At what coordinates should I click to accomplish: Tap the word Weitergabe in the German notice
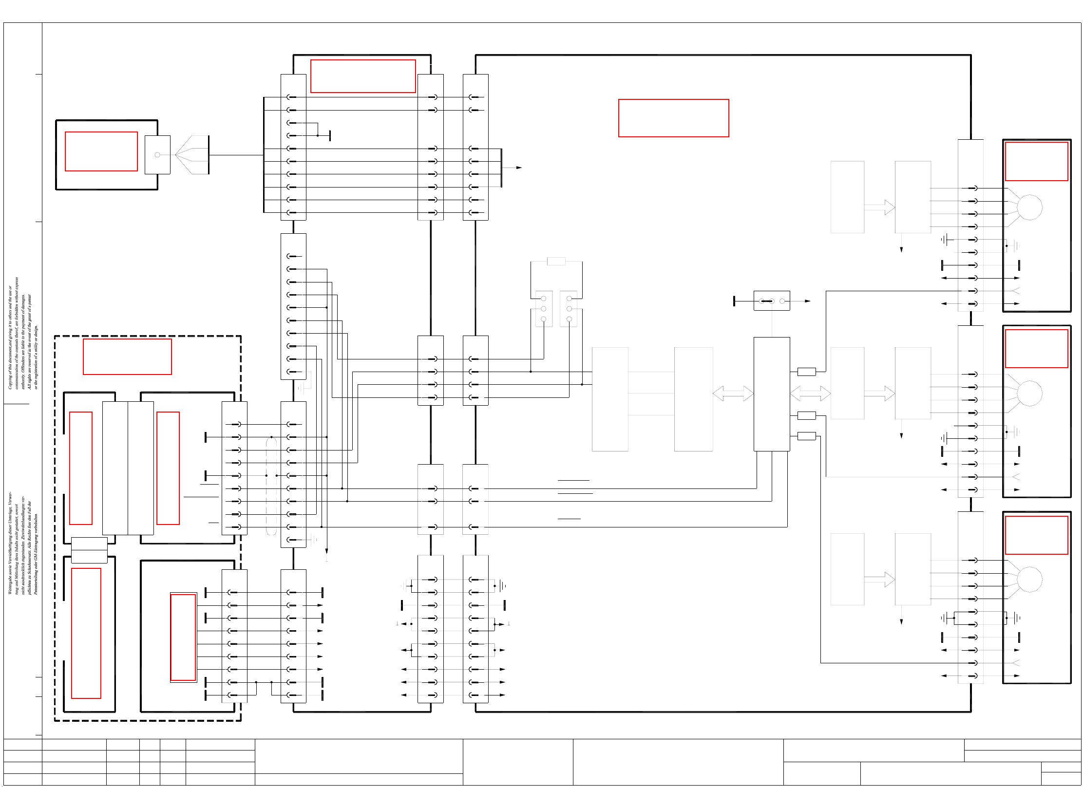tap(10, 582)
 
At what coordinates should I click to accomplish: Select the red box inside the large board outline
tap(673, 118)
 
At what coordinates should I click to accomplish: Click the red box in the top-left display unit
tap(101, 151)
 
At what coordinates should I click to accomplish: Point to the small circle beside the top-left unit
tap(157, 155)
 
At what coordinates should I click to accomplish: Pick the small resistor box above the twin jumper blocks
tap(556, 262)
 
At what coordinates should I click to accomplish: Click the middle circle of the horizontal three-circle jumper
tap(772, 301)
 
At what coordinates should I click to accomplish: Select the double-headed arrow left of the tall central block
tap(733, 394)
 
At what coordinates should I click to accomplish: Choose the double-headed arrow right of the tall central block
tap(810, 394)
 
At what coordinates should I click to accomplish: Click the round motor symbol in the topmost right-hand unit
tap(1029, 207)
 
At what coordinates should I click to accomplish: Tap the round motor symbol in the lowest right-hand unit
tap(1029, 580)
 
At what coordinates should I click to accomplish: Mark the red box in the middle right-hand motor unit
tap(1036, 349)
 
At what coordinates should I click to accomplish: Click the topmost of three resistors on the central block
tap(806, 372)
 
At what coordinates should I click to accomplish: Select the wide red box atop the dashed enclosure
tap(127, 357)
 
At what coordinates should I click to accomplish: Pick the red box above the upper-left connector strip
tap(363, 76)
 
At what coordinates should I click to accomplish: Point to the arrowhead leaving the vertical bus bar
tap(519, 168)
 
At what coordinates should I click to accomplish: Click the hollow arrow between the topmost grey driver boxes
tap(880, 207)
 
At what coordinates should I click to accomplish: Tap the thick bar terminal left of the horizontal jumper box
tap(734, 301)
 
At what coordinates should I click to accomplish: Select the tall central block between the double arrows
tap(772, 394)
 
